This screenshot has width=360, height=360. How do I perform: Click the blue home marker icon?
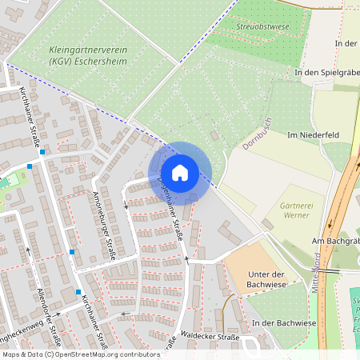coord(180,173)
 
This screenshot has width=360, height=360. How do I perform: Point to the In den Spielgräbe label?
coord(326,72)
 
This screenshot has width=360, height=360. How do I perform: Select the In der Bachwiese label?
coord(285,322)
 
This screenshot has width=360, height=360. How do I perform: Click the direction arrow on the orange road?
coord(349,188)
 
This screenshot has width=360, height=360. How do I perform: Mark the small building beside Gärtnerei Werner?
coord(266,225)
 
